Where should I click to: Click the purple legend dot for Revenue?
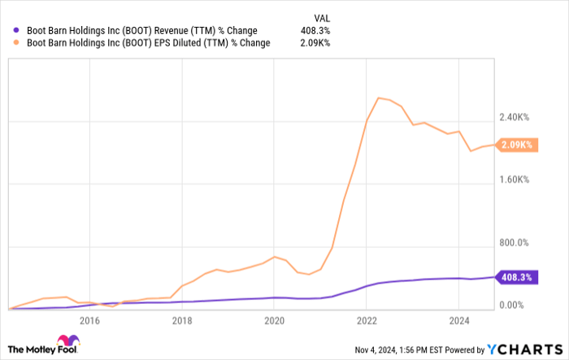(18, 31)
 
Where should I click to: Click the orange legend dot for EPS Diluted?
(18, 43)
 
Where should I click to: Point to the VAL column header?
(322, 16)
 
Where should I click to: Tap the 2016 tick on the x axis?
(89, 319)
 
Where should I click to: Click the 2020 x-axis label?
(273, 319)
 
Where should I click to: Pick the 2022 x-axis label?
(366, 319)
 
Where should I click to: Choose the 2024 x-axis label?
(458, 319)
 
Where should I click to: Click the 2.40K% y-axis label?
(514, 117)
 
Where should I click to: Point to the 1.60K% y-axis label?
(514, 180)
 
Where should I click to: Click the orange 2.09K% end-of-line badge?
(515, 145)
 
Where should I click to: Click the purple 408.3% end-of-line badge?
(515, 277)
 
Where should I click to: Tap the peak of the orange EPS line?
(378, 98)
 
